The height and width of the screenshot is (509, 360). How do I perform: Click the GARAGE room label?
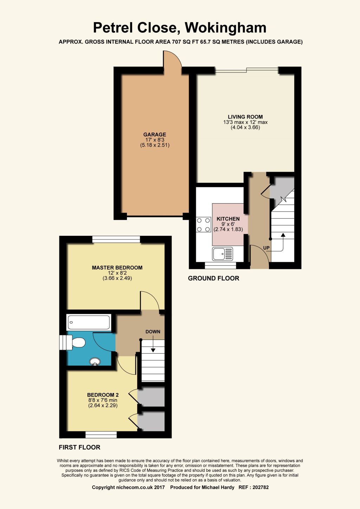(x=155, y=135)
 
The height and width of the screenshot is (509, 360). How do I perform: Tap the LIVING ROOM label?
(x=245, y=117)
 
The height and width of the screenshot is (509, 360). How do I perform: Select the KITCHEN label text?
(x=228, y=219)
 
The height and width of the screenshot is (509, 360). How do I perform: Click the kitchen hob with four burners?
(x=204, y=225)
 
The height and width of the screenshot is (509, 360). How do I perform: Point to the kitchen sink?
(x=223, y=254)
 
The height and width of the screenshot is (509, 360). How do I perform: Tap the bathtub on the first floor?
(x=89, y=322)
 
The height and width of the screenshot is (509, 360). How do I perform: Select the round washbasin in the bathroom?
(x=95, y=361)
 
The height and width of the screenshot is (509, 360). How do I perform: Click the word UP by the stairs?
(x=266, y=248)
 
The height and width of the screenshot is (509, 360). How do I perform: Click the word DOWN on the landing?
(x=153, y=332)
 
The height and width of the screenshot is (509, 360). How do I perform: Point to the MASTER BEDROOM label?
(x=117, y=268)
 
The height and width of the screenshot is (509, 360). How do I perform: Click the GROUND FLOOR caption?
(x=213, y=278)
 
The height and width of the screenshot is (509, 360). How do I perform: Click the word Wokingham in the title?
(x=225, y=28)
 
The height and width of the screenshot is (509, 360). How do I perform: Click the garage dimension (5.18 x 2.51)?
(x=155, y=145)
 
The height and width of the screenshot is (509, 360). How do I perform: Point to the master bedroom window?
(x=116, y=239)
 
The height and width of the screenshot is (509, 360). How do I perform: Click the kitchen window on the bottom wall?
(x=220, y=265)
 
